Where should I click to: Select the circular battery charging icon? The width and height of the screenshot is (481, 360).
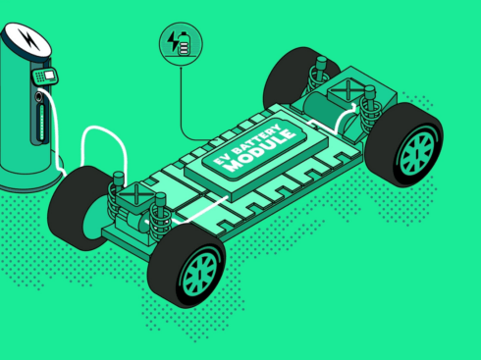click(x=181, y=44)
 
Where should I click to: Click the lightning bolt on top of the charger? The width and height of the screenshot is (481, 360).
click(x=28, y=39)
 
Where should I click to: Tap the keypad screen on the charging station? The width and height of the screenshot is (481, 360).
click(x=50, y=76)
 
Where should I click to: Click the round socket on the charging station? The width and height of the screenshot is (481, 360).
click(x=38, y=97)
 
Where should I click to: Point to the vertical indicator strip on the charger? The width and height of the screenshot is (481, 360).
click(x=41, y=122)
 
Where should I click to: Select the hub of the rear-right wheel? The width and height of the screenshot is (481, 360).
click(x=417, y=153)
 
